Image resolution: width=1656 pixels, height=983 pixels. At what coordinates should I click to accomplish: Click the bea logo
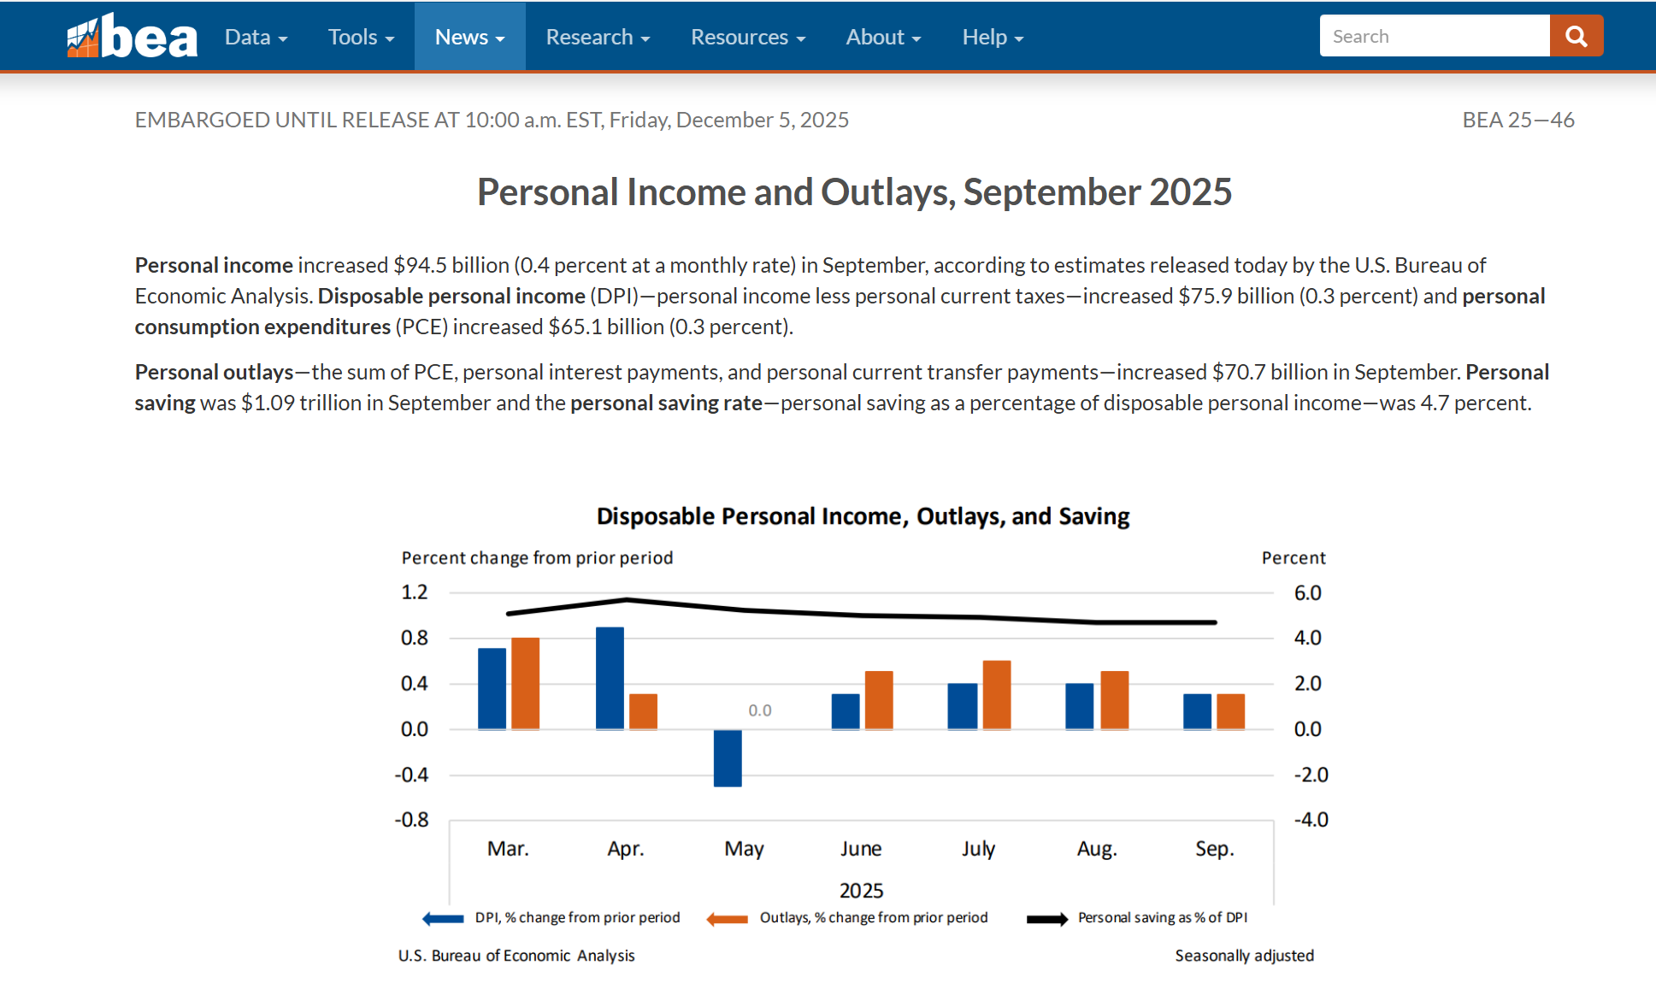[x=132, y=37]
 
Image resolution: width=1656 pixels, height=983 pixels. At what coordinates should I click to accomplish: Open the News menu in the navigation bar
[x=469, y=37]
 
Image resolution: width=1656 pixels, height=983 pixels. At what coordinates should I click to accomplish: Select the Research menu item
[x=598, y=37]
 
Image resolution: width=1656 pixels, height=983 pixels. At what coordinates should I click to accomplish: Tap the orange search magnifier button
[x=1576, y=36]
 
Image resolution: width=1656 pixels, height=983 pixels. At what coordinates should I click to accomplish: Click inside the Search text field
[x=1434, y=36]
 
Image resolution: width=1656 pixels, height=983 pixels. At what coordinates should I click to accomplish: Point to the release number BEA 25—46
[x=1518, y=120]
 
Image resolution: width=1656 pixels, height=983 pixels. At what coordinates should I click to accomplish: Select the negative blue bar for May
[x=728, y=758]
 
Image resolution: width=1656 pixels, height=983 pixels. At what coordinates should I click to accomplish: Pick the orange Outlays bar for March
[x=525, y=683]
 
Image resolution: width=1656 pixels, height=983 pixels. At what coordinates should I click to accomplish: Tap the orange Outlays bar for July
[x=997, y=694]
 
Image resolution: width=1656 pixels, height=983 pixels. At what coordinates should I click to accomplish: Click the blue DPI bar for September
[x=1197, y=711]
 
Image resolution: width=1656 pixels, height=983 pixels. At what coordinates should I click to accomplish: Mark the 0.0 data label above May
[x=759, y=710]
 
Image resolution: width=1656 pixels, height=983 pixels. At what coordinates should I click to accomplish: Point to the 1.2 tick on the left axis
[x=415, y=592]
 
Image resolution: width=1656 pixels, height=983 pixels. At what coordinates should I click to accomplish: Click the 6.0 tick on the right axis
[x=1307, y=593]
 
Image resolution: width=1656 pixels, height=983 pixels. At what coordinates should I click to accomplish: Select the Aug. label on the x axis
[x=1097, y=849]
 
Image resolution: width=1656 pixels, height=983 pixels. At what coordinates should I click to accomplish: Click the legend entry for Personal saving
[x=1162, y=917]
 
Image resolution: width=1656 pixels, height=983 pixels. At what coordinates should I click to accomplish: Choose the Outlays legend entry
[x=873, y=917]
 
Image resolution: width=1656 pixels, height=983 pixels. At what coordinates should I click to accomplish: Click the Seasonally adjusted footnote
[x=1244, y=956]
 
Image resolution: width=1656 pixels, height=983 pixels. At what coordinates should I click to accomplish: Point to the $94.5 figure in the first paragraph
[x=420, y=265]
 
